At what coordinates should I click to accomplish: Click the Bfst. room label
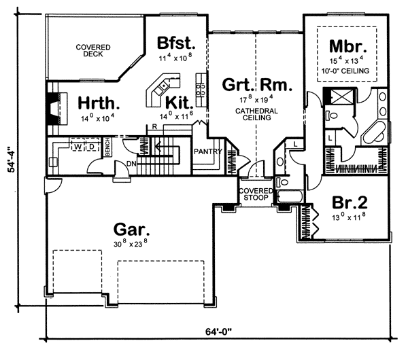pyautogui.click(x=176, y=43)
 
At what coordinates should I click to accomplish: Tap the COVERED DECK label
pyautogui.click(x=93, y=51)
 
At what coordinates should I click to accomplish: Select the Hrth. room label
pyautogui.click(x=99, y=103)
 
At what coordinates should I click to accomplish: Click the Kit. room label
pyautogui.click(x=180, y=103)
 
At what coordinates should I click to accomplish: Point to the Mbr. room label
pyautogui.click(x=348, y=46)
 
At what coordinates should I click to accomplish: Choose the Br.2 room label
pyautogui.click(x=350, y=202)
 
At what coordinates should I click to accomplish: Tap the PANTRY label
pyautogui.click(x=208, y=151)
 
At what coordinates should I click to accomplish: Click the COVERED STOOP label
pyautogui.click(x=256, y=194)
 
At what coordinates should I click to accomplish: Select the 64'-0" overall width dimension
pyautogui.click(x=218, y=331)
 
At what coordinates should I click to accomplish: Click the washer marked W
pyautogui.click(x=78, y=147)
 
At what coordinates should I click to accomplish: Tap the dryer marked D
pyautogui.click(x=92, y=147)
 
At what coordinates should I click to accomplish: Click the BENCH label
pyautogui.click(x=107, y=147)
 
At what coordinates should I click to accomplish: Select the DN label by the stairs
pyautogui.click(x=131, y=164)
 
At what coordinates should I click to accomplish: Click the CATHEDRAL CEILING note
pyautogui.click(x=256, y=114)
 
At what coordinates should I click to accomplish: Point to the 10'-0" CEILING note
pyautogui.click(x=345, y=71)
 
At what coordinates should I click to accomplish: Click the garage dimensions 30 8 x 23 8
pyautogui.click(x=131, y=244)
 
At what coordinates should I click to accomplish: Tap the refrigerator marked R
pyautogui.click(x=154, y=127)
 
